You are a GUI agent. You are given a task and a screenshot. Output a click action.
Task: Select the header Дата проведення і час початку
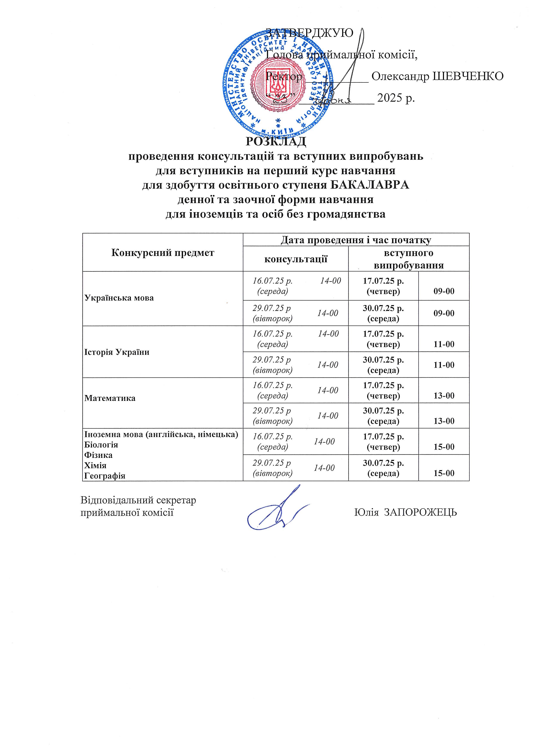coord(356,240)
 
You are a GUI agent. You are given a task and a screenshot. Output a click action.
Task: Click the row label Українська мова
coord(119,298)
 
